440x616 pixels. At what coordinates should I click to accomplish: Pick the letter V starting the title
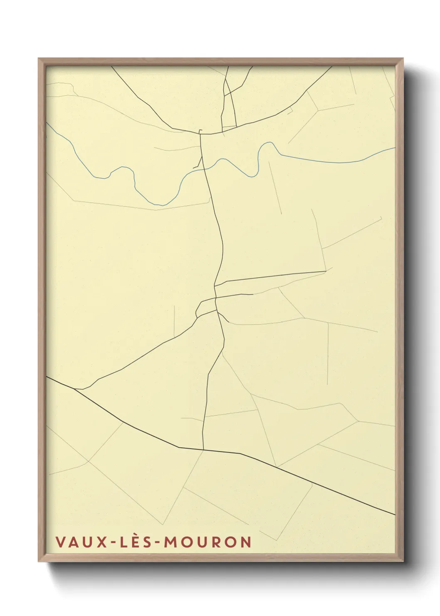coord(60,542)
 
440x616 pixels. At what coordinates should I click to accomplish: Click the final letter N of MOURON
coord(245,542)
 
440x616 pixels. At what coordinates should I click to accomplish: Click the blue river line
coord(316,160)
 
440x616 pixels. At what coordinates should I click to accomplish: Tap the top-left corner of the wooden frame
coord(39,59)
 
